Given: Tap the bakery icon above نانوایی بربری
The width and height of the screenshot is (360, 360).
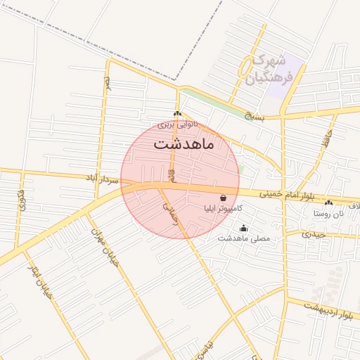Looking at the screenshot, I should (177, 114).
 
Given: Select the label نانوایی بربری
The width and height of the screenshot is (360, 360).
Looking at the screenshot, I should (177, 124).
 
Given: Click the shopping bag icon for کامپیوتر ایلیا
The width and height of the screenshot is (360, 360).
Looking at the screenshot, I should (223, 198).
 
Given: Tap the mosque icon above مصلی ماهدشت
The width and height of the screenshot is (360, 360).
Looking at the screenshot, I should (244, 228).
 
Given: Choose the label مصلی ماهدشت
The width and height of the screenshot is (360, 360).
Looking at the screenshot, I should (243, 239).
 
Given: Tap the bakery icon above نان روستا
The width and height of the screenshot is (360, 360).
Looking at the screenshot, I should (329, 202).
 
